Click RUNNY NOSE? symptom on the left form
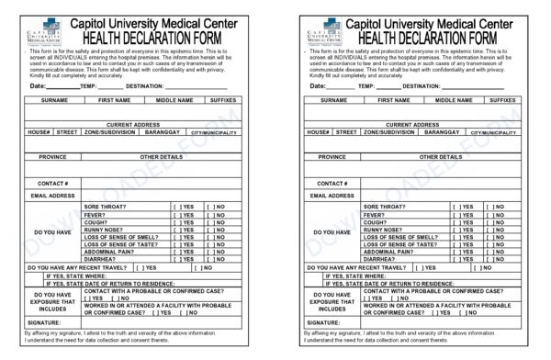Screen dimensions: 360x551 pos(104,230)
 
